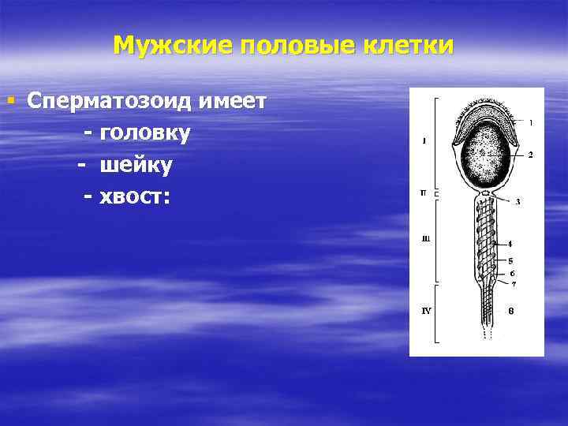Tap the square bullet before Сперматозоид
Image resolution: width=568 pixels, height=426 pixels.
tap(10, 101)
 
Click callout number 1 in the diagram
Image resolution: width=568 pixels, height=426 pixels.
tap(530, 122)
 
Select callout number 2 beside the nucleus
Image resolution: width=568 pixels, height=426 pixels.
tap(530, 155)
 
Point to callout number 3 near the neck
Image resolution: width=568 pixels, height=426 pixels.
tap(518, 202)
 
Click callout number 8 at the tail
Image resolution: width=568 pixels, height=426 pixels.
tap(511, 311)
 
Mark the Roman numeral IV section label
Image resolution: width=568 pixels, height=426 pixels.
tap(425, 311)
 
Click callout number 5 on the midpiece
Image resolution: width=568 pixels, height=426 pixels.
tap(511, 260)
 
